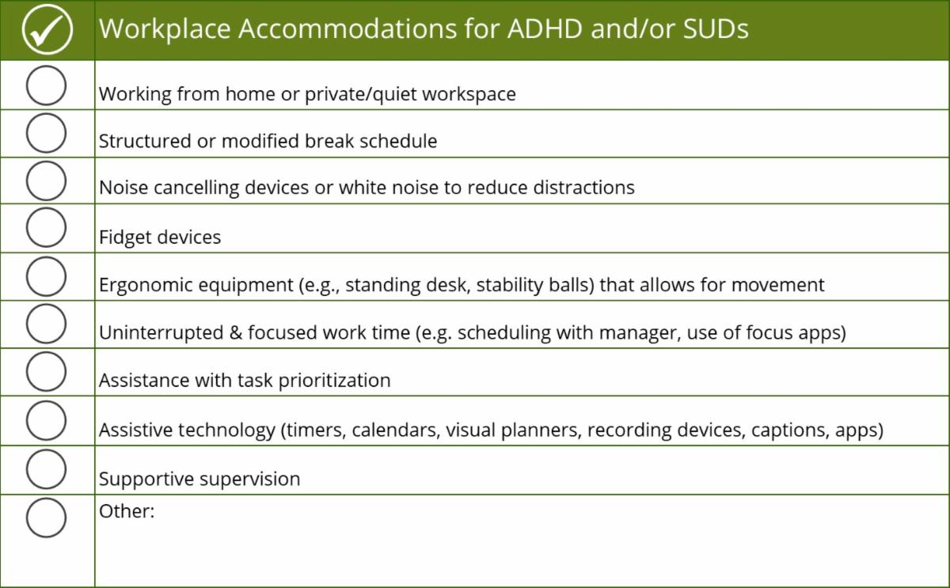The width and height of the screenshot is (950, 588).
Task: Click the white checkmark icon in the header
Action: coord(47,30)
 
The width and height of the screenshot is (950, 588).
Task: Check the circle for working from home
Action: coord(46,85)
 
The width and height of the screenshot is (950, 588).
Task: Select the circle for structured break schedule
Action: coord(46,133)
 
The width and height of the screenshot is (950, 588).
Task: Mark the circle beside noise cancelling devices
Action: coord(46,180)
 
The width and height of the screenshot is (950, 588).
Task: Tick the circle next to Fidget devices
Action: coord(46,228)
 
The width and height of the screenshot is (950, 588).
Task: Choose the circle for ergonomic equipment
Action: coord(46,276)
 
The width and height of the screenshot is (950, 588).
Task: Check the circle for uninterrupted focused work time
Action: coord(46,324)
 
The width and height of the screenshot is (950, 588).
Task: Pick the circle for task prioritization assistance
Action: coord(46,372)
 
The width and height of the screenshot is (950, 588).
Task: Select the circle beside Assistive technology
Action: coord(46,420)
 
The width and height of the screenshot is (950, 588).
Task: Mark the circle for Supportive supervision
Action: coord(46,469)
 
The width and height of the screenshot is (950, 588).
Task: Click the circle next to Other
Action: coord(46,518)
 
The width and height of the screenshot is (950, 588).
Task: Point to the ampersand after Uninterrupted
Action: coord(235,332)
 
